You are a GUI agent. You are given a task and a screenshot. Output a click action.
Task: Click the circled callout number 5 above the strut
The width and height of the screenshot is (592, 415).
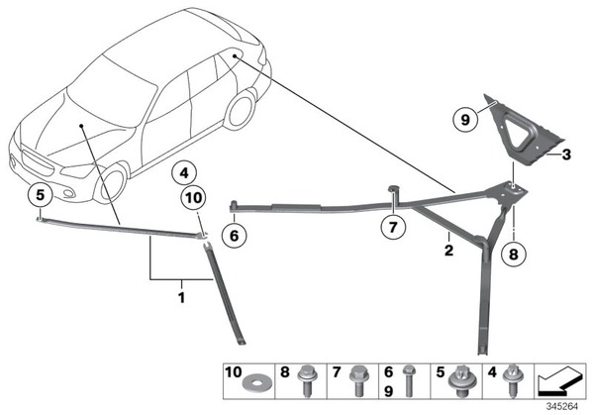40,196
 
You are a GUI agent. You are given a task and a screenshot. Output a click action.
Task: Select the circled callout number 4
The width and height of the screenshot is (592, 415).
184,173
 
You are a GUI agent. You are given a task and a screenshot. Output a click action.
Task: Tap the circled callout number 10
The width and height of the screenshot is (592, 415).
194,198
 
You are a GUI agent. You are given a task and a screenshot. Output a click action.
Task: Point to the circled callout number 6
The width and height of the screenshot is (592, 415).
234,236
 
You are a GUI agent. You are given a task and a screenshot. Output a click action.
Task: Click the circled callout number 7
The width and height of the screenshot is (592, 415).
393,228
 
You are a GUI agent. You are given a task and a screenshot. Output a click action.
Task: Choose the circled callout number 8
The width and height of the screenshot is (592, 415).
513,255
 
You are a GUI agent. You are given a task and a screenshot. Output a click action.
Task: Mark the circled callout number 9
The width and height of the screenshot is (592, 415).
465,120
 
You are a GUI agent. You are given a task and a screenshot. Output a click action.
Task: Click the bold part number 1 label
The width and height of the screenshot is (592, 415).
181,297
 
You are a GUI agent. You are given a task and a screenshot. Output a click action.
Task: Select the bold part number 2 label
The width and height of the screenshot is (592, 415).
448,250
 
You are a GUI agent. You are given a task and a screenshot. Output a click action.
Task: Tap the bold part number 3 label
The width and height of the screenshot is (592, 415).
566,155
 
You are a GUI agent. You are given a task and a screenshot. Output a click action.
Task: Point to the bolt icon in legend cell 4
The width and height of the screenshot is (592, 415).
514,380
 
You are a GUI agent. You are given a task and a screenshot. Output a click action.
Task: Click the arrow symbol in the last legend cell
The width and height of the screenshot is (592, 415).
560,382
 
